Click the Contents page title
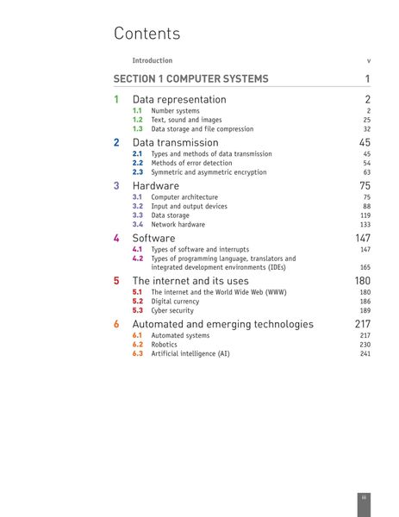point(147,34)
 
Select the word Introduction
point(152,60)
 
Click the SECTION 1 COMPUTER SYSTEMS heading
point(190,79)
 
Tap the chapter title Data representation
point(179,100)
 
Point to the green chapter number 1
point(116,100)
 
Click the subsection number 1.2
point(137,120)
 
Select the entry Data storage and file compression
point(202,129)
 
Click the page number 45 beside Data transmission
point(365,142)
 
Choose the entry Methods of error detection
point(191,163)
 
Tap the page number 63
point(366,172)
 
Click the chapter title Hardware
point(155,185)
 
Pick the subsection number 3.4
point(137,224)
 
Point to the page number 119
point(365,215)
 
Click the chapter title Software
point(153,238)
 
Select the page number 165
point(365,267)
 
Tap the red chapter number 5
point(116,281)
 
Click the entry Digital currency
point(175,302)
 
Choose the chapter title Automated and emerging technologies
point(222,324)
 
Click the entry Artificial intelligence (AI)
point(190,353)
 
